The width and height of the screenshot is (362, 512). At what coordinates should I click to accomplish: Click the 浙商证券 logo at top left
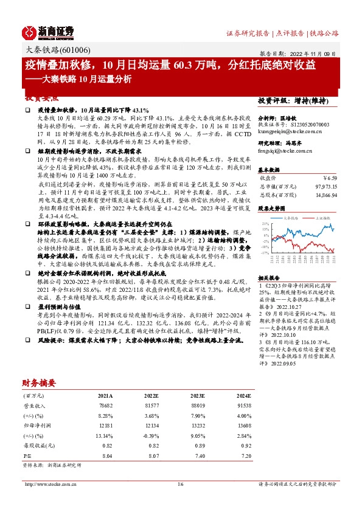coord(48,31)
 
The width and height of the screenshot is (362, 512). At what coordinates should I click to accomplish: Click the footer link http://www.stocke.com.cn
coord(49,502)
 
